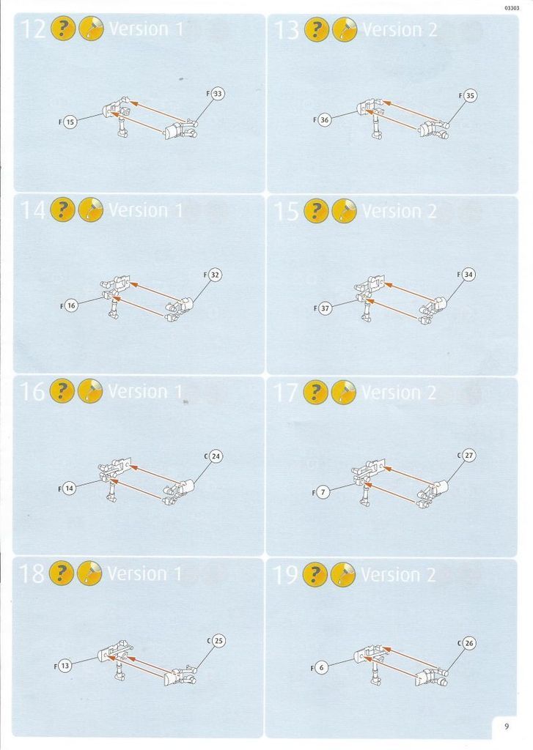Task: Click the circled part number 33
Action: (x=218, y=94)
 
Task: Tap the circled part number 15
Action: (x=70, y=122)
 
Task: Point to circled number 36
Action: (x=324, y=119)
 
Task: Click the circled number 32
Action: (x=215, y=275)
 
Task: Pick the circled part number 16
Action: (x=71, y=305)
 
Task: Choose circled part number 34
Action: (x=468, y=275)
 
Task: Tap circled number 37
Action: (x=325, y=308)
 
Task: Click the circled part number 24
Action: (x=216, y=456)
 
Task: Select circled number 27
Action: (x=468, y=456)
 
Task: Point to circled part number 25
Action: (x=218, y=640)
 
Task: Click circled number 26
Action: (x=468, y=643)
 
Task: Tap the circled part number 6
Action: (x=321, y=668)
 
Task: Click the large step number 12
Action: (x=33, y=29)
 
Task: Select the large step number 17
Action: (x=286, y=393)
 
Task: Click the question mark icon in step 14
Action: (x=62, y=210)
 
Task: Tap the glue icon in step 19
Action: (x=343, y=574)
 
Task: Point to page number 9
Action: (x=507, y=726)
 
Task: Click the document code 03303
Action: (x=512, y=8)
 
